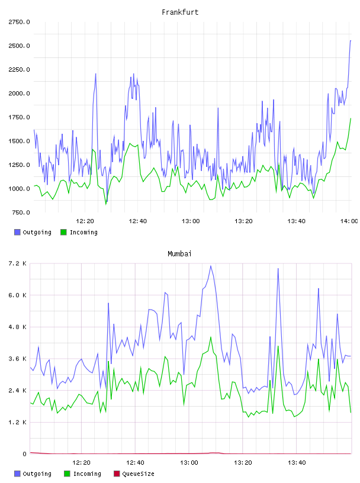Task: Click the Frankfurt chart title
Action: (x=180, y=12)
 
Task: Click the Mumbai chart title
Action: (x=179, y=254)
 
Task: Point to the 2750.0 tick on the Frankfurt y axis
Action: (x=20, y=22)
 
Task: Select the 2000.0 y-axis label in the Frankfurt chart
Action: (x=20, y=94)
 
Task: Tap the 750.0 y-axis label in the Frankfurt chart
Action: (x=21, y=212)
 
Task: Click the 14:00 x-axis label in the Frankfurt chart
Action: (x=349, y=221)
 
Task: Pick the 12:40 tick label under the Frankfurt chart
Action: (x=138, y=221)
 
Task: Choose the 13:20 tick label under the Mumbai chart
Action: (x=243, y=462)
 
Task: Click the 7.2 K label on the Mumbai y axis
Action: (x=18, y=263)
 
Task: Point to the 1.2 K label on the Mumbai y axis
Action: (x=18, y=422)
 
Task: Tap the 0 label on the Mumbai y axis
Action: (x=24, y=454)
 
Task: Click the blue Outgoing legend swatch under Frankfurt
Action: (x=17, y=232)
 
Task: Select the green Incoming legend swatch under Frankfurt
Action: (x=63, y=232)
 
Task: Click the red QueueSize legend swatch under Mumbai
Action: (x=117, y=474)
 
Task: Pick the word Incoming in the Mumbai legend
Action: (x=87, y=474)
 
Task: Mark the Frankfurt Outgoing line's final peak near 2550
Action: (x=351, y=40)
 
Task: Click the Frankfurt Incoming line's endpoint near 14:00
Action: (x=351, y=118)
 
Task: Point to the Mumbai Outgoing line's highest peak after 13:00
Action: (x=211, y=266)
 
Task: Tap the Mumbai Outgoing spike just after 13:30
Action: (x=278, y=269)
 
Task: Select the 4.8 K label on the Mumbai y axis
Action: (x=18, y=327)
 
